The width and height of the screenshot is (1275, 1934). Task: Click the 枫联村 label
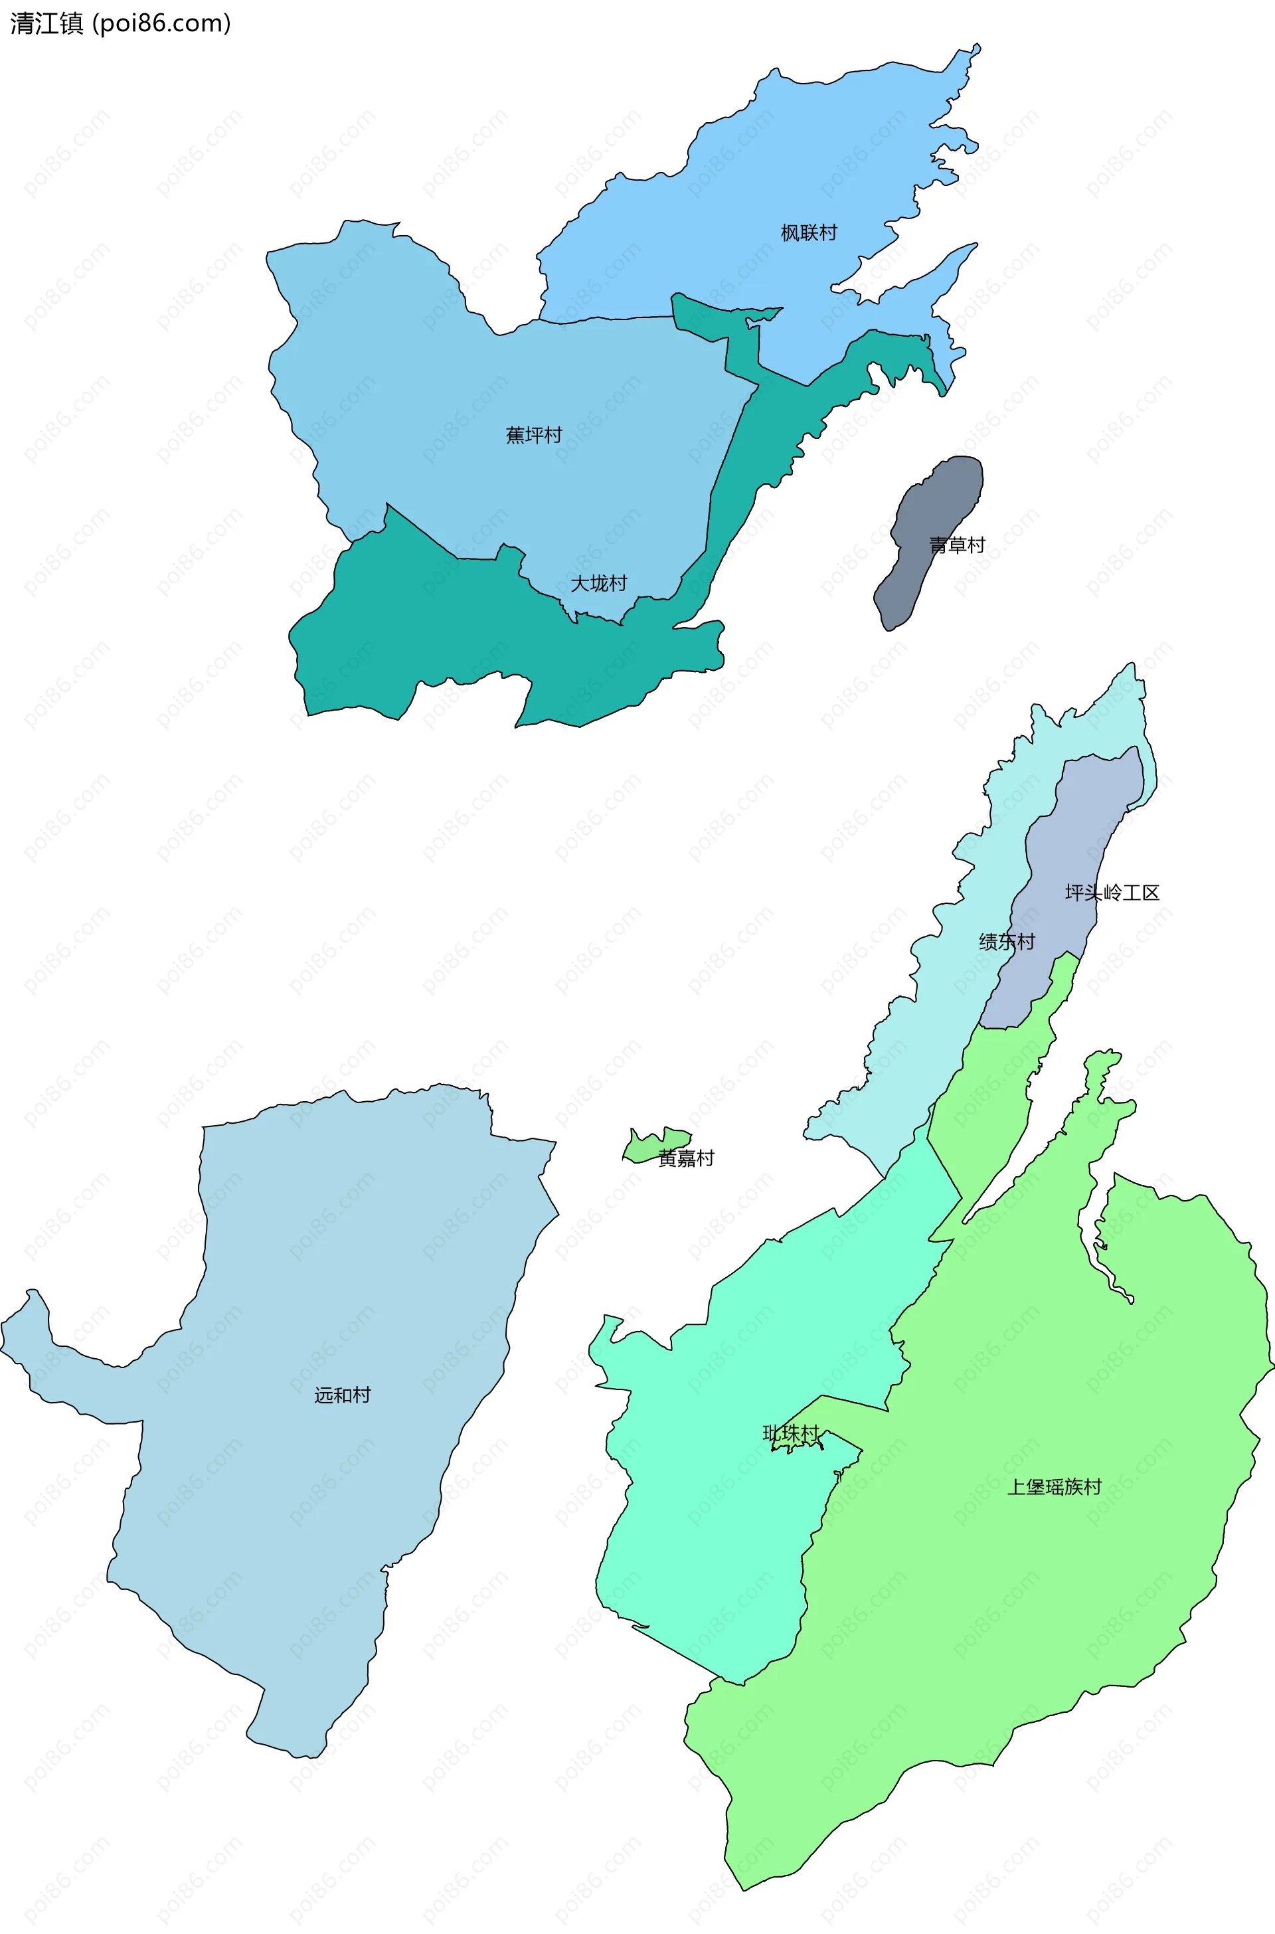(x=808, y=232)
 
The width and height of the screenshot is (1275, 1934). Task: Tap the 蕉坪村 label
(x=533, y=435)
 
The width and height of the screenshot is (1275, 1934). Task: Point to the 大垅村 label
(x=598, y=583)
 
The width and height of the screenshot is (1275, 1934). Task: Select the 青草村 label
(x=956, y=545)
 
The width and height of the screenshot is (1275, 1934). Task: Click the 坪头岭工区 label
(x=1112, y=893)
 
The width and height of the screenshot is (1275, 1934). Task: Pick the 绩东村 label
(x=1007, y=942)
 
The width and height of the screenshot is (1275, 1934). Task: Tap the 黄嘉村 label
(x=686, y=1158)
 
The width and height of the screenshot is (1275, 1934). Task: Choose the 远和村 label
(x=343, y=1395)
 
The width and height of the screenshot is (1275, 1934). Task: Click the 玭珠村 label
(x=790, y=1433)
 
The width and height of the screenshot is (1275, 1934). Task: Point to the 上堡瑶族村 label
(x=1054, y=1486)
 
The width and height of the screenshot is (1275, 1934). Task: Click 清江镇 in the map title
(x=46, y=24)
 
